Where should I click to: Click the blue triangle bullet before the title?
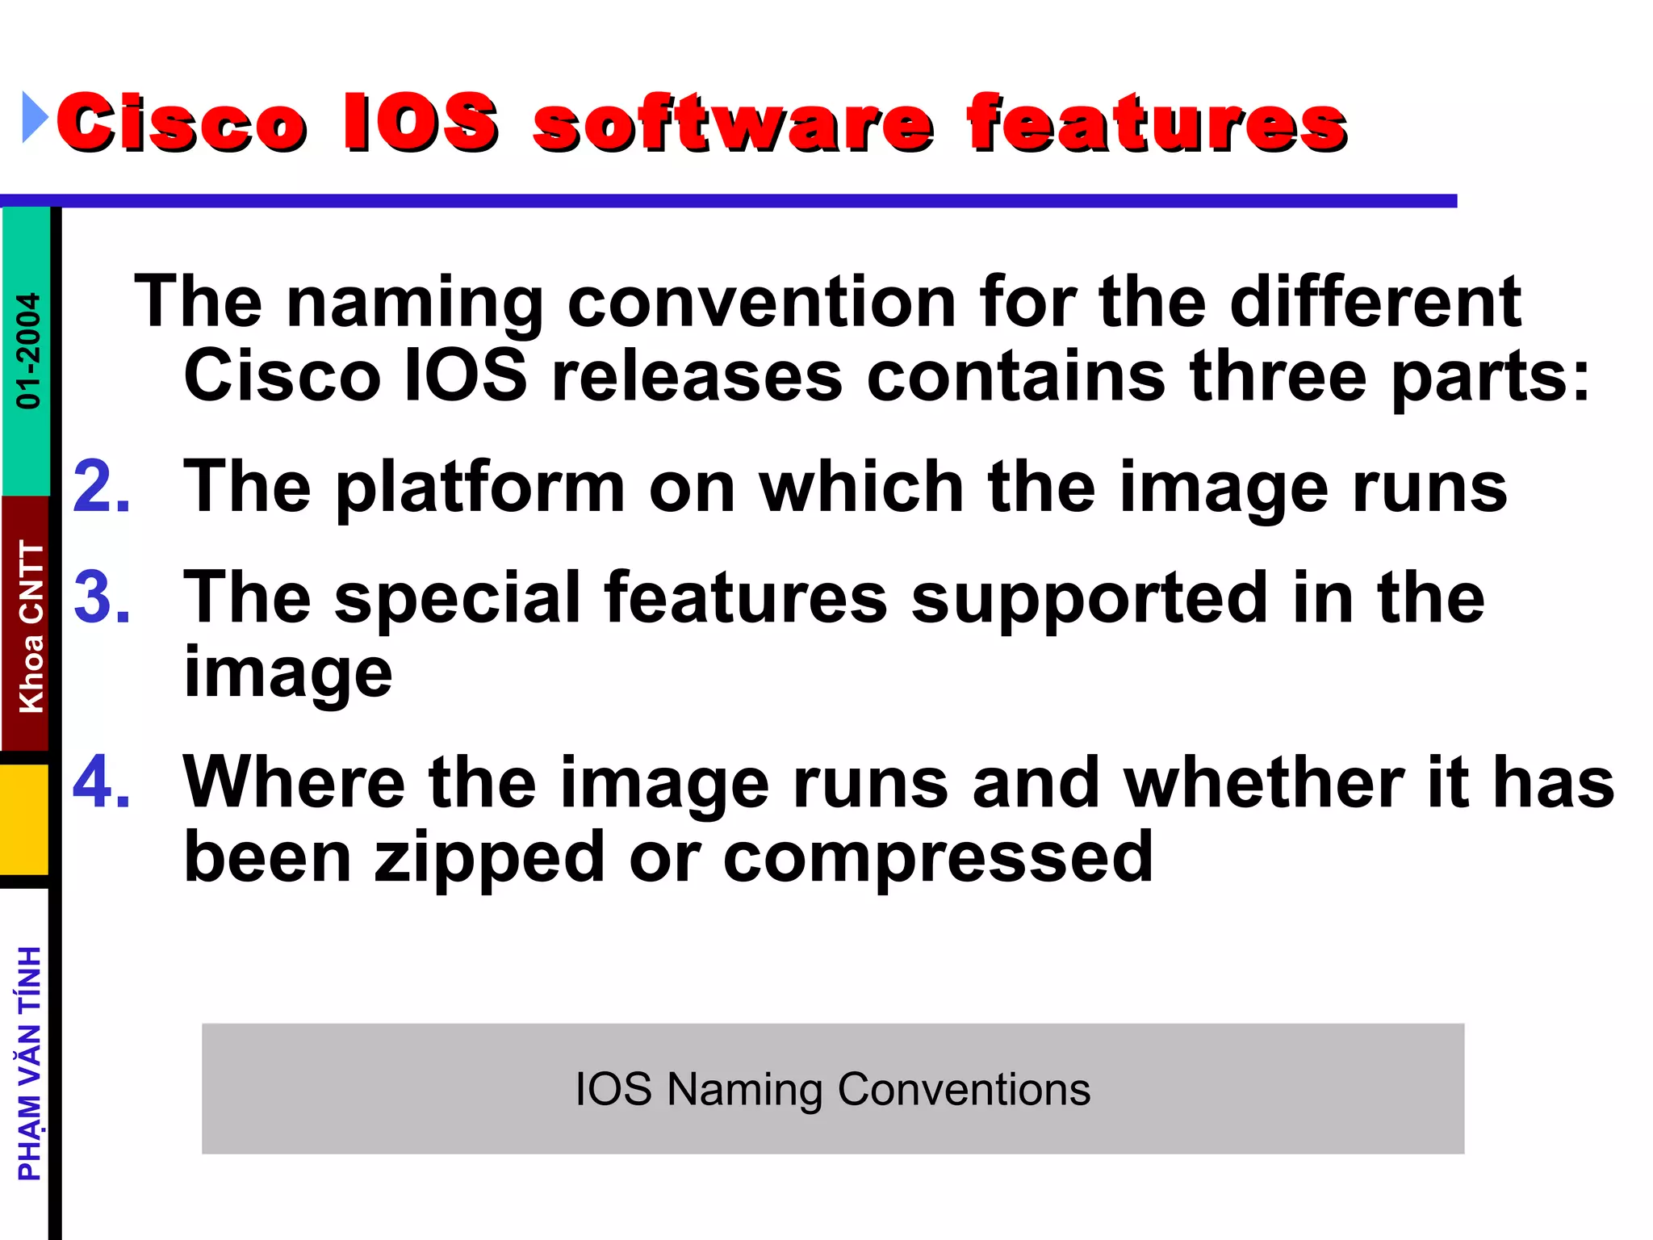(x=35, y=118)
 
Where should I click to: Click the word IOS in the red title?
(x=420, y=123)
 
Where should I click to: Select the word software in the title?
(x=733, y=123)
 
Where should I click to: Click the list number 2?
(x=102, y=487)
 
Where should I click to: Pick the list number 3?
(x=102, y=598)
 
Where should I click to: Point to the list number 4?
(x=102, y=782)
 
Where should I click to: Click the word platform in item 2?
(x=480, y=488)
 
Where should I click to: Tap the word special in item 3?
(x=457, y=598)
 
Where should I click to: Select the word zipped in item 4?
(x=489, y=858)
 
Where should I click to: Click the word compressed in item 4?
(x=938, y=858)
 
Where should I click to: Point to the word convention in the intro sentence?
(x=761, y=302)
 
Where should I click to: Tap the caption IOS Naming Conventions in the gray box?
(x=832, y=1089)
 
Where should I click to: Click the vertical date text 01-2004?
(x=28, y=350)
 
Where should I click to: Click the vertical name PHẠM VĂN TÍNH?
(x=30, y=1063)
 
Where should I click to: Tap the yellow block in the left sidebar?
(x=25, y=819)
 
